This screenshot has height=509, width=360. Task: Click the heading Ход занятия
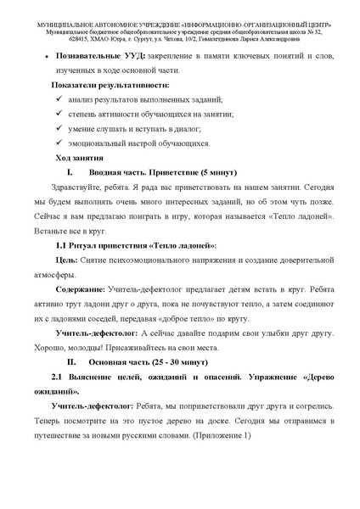pyautogui.click(x=79, y=158)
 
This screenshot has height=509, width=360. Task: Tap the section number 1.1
pyautogui.click(x=62, y=245)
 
